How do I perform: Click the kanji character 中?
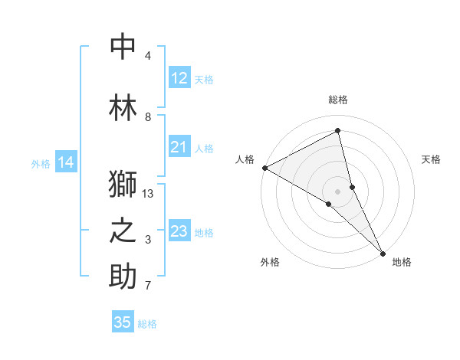point(123,47)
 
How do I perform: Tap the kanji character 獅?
point(123,185)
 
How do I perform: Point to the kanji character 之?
point(123,231)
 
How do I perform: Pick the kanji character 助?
point(123,277)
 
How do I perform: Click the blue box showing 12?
point(179,78)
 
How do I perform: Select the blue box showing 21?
point(179,147)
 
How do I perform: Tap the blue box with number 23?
point(179,231)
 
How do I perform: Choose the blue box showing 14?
point(66,162)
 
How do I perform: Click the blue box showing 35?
point(123,322)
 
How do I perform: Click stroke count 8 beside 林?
point(148,117)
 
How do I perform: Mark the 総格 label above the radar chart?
point(338,100)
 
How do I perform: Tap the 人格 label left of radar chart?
point(245,159)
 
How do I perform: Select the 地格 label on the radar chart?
point(402,262)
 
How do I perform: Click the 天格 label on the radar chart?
point(432,159)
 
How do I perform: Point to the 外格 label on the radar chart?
point(270,262)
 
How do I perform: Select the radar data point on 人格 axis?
point(264,167)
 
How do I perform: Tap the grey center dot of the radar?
point(338,191)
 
